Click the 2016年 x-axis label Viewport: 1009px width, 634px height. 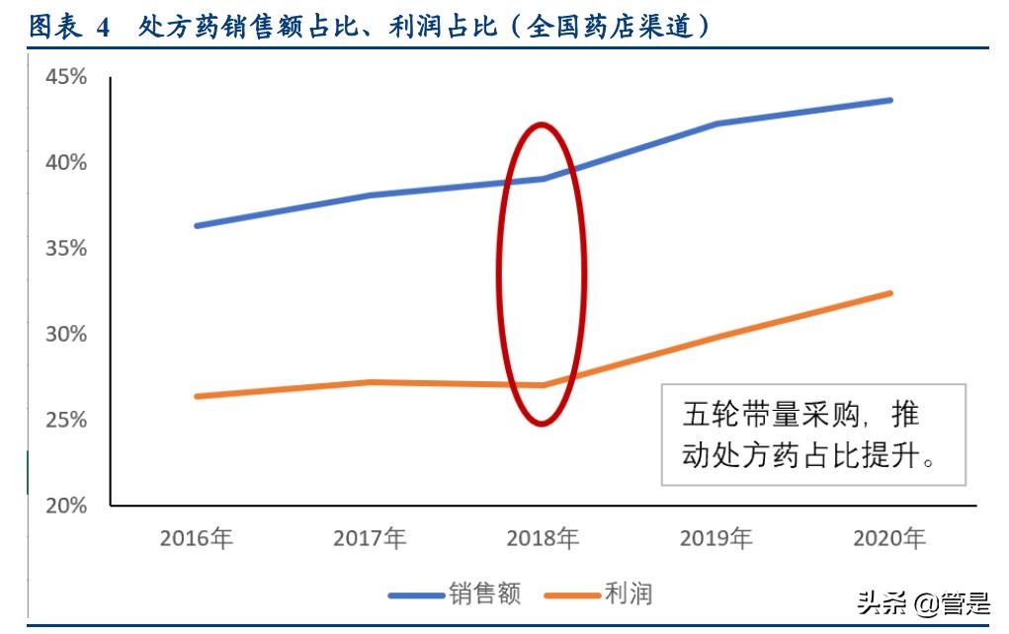tap(197, 539)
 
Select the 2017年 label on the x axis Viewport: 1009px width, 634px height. tap(370, 539)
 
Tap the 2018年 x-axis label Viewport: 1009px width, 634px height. tap(543, 539)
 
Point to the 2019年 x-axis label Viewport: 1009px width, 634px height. tap(715, 539)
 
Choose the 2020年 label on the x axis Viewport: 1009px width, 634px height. tap(888, 539)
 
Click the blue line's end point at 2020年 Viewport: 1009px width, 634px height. tap(889, 100)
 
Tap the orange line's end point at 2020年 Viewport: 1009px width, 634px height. tap(889, 293)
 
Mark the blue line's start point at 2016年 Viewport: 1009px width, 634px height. tap(198, 225)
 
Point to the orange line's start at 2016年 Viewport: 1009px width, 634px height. tap(198, 396)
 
